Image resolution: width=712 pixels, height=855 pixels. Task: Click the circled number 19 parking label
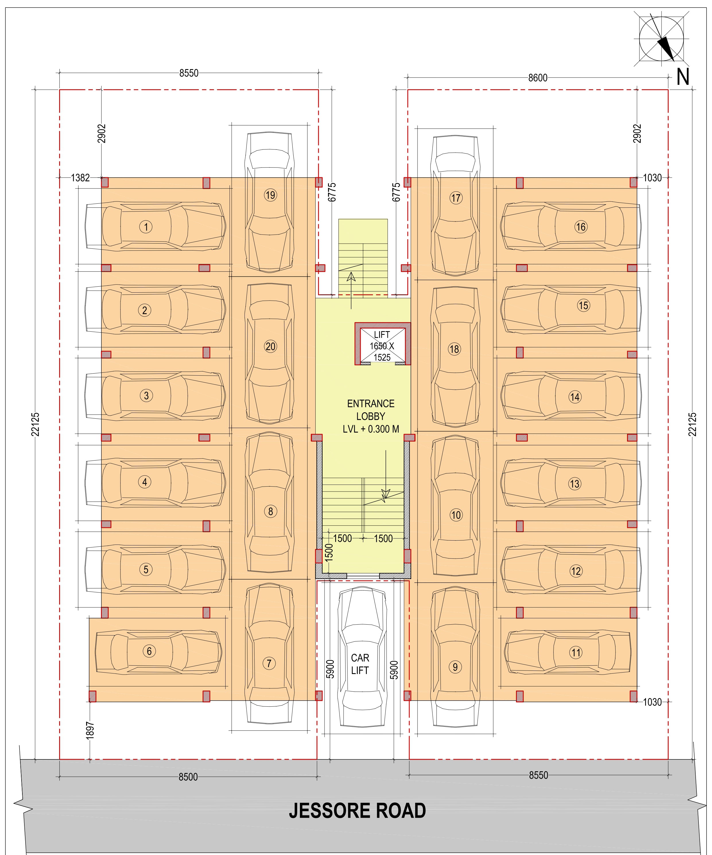270,195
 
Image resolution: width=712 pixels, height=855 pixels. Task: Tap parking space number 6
149,651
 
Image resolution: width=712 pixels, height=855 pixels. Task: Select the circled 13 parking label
574,484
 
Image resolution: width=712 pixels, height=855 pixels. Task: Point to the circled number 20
270,347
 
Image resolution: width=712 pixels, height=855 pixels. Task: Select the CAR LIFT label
360,664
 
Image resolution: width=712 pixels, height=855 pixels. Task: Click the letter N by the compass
683,77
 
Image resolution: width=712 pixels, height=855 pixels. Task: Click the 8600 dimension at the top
538,78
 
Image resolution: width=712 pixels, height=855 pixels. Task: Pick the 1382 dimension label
80,178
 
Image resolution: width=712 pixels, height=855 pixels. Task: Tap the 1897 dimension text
90,730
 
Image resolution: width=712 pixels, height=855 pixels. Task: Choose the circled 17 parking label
455,198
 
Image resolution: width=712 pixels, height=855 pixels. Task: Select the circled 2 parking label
145,310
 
